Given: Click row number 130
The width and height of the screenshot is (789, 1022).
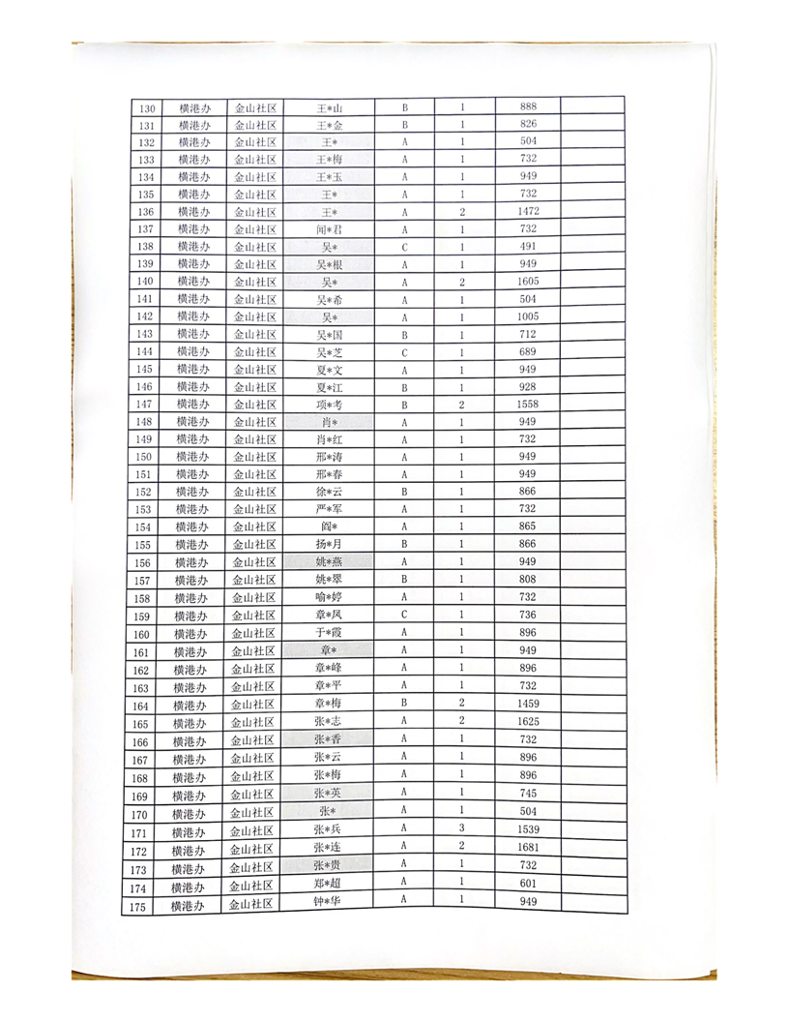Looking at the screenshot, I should (x=148, y=108).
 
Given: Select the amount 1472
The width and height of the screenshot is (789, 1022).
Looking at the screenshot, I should (x=528, y=211).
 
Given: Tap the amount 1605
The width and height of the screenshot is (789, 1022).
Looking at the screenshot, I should (x=528, y=281).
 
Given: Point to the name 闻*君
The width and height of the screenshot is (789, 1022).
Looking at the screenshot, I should (x=331, y=229).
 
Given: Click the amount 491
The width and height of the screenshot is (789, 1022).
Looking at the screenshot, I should (x=528, y=246).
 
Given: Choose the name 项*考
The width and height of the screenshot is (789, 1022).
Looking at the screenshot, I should (x=330, y=404).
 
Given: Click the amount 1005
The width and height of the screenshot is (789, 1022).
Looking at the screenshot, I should (x=528, y=316).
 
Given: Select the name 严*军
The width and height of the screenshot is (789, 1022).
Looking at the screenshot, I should (x=330, y=509).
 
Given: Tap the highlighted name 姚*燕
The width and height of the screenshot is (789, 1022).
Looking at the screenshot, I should (x=330, y=562).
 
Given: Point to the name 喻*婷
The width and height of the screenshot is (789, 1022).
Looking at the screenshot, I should (x=330, y=597).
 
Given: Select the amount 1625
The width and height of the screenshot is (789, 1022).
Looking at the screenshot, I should (x=528, y=721).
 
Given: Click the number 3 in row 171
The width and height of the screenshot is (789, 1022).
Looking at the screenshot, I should (x=462, y=827).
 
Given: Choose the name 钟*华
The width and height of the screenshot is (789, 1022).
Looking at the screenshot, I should (x=329, y=901).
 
